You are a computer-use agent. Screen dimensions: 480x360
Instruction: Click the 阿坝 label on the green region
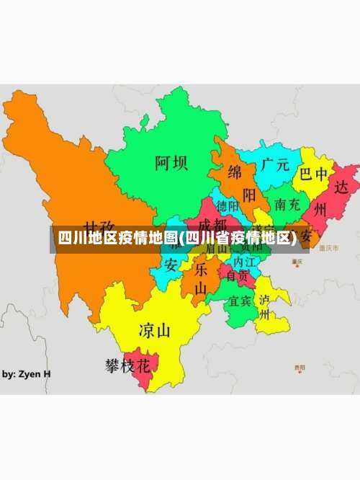171,163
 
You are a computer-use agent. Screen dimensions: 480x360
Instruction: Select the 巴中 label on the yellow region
314,174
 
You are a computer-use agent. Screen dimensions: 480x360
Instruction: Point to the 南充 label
287,204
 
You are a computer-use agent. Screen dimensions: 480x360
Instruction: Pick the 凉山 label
154,331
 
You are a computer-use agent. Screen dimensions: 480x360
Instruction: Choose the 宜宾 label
239,301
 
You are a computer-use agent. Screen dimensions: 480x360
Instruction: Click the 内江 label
239,262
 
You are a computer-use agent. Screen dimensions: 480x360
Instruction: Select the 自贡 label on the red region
238,275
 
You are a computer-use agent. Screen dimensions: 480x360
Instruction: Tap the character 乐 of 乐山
201,270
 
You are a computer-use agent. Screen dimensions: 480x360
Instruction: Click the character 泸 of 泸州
264,299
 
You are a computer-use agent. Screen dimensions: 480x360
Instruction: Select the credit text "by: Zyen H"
26,374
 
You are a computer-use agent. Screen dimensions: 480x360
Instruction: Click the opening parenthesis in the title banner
181,239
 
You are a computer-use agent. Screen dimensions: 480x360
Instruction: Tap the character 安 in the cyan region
171,265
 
